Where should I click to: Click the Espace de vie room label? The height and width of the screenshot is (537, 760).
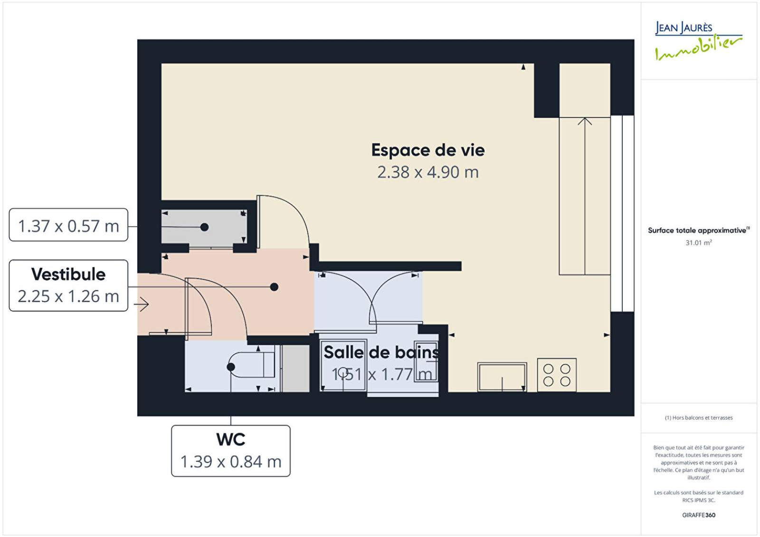428,150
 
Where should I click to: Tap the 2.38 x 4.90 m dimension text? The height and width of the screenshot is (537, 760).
428,172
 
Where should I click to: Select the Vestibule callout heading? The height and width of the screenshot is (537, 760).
68,274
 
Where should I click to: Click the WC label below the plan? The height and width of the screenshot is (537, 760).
231,440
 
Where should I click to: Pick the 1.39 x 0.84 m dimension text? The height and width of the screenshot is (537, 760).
231,461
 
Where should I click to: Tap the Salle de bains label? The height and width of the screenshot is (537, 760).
381,352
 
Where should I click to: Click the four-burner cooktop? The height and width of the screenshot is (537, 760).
557,375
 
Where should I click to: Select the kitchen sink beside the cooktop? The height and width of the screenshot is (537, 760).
502,377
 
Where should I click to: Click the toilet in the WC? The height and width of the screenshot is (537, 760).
252,365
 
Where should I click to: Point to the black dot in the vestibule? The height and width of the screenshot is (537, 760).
274,287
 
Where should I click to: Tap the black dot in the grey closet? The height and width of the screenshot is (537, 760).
204,227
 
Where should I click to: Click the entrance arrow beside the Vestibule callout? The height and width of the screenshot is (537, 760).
142,304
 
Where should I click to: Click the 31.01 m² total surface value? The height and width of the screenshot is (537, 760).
699,243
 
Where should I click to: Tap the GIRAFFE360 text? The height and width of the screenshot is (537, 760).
699,515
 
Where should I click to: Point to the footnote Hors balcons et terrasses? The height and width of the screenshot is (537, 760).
699,418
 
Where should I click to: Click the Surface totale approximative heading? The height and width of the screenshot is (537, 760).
699,230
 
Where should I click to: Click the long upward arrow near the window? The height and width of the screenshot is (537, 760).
585,196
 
